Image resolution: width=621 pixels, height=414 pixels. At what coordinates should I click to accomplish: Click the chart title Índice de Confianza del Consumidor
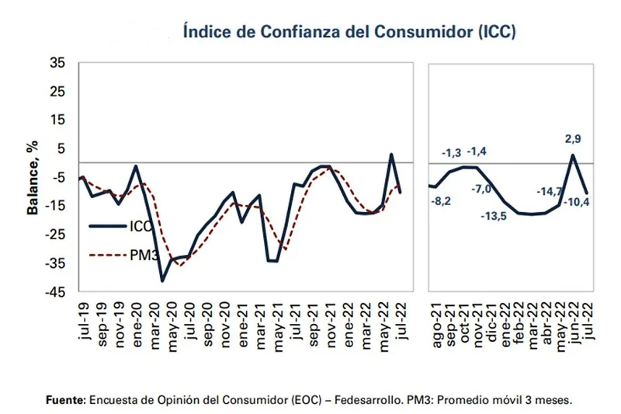(349, 33)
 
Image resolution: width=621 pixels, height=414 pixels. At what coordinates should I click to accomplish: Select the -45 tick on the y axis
(56, 292)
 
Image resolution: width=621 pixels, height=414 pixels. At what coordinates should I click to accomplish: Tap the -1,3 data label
(452, 151)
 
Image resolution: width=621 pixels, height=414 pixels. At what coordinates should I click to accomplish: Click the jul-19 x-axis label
(84, 320)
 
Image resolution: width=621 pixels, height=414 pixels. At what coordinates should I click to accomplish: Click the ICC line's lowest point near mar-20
(162, 280)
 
